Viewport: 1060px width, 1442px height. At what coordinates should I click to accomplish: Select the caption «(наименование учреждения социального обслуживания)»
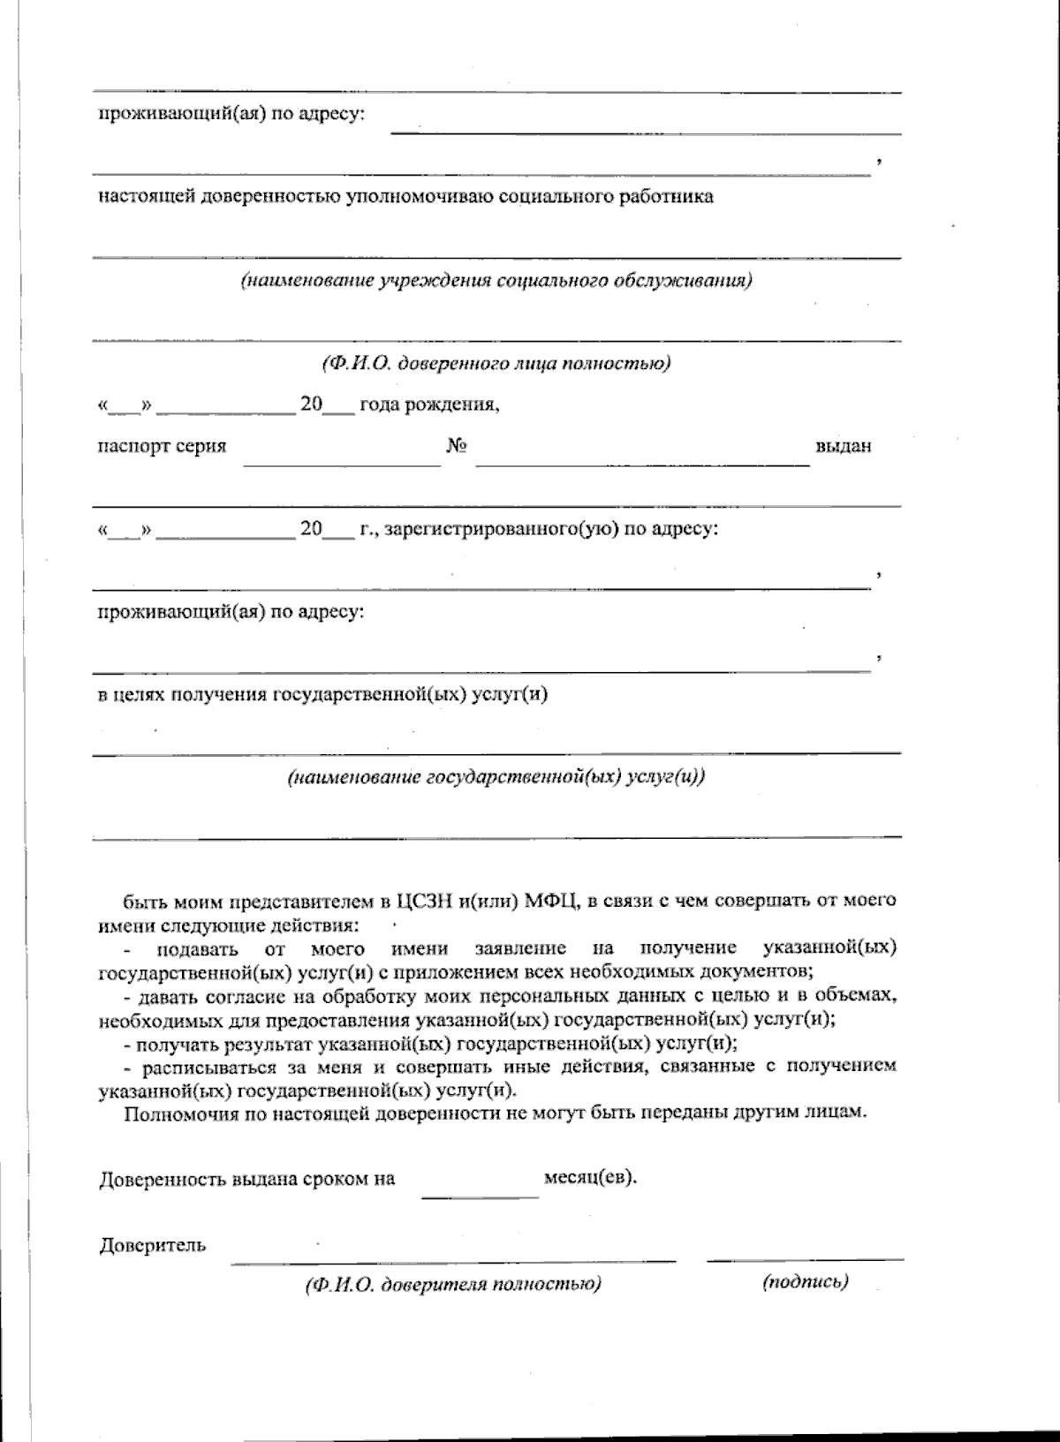click(496, 282)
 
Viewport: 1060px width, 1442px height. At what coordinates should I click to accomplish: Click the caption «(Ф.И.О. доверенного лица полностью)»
click(496, 364)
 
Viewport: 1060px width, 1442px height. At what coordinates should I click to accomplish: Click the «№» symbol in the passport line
click(456, 446)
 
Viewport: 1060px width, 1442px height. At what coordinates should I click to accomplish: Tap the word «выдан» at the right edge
click(843, 446)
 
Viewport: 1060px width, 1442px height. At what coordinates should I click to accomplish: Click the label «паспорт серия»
click(162, 446)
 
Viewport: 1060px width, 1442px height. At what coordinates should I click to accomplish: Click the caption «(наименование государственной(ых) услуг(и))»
click(496, 778)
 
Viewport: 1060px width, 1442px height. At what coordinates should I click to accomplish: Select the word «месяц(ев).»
click(590, 1177)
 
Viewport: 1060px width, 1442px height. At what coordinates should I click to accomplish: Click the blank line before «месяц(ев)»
click(480, 1196)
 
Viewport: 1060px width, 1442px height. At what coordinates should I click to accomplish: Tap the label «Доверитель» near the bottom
click(153, 1246)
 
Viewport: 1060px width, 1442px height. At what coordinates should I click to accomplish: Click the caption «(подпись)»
click(805, 1282)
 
